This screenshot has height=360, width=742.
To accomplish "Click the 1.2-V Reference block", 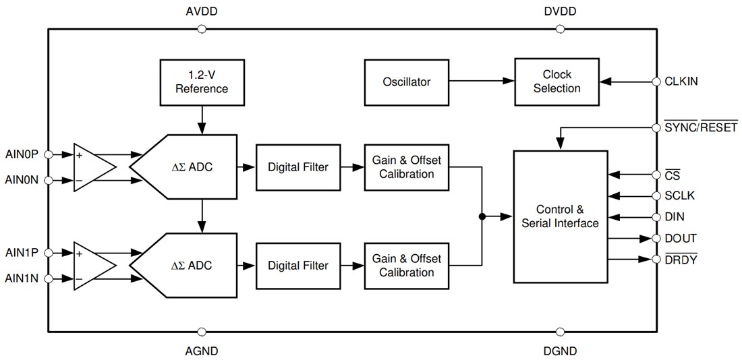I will pyautogui.click(x=202, y=81).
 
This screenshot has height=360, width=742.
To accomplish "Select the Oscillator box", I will pyautogui.click(x=406, y=82).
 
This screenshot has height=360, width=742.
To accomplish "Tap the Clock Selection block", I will pyautogui.click(x=556, y=81).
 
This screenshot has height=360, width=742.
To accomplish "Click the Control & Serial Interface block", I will pyautogui.click(x=560, y=216).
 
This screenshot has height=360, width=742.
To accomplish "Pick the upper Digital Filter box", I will pyautogui.click(x=297, y=167).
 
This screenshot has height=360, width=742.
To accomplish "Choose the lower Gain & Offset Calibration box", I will pyautogui.click(x=406, y=265).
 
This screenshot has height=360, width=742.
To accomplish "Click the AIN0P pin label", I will pyautogui.click(x=22, y=154).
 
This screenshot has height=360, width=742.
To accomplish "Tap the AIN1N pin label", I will pyautogui.click(x=22, y=278).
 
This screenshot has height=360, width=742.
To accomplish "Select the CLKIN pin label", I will pyautogui.click(x=681, y=81).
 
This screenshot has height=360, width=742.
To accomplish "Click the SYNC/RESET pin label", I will pyautogui.click(x=701, y=127).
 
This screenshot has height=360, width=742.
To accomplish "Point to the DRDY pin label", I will pyautogui.click(x=681, y=260).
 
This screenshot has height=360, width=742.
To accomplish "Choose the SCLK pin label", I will pyautogui.click(x=679, y=196).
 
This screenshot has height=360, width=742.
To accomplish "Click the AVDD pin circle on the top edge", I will pyautogui.click(x=201, y=29).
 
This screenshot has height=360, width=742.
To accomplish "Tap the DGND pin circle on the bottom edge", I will pyautogui.click(x=560, y=331).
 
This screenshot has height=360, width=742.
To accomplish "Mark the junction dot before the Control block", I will pyautogui.click(x=482, y=216).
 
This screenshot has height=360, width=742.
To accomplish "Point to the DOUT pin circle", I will pyautogui.click(x=656, y=239).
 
